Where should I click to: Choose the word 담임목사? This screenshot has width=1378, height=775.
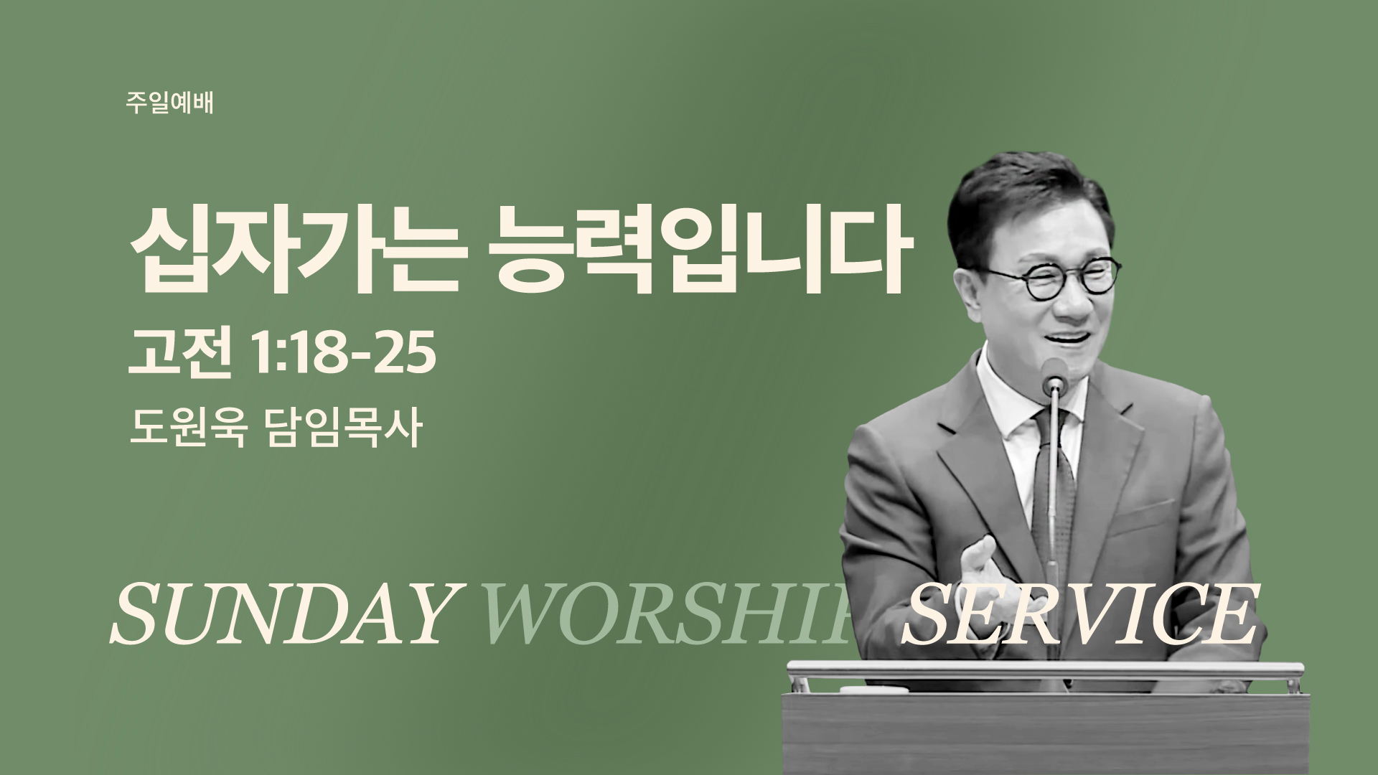342,430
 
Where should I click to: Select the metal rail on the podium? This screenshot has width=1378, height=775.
1045,670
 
